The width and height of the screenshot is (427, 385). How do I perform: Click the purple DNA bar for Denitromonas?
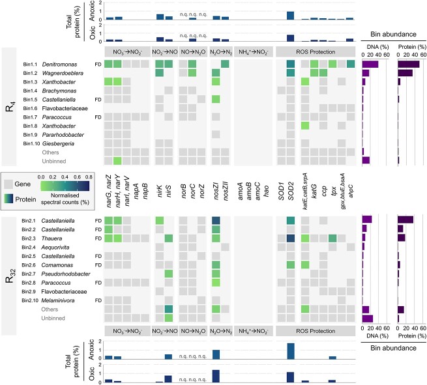click(x=370, y=64)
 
